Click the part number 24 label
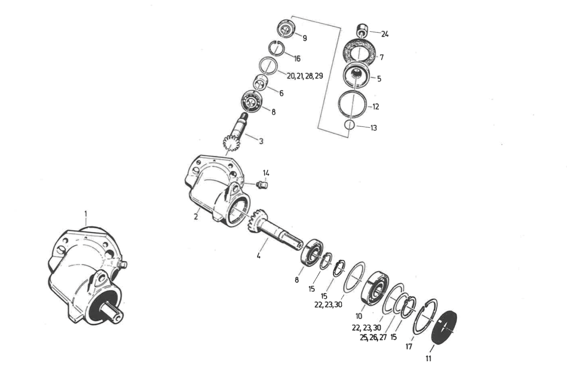[x=385, y=34]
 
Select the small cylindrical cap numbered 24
[x=362, y=30]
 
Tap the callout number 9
[x=305, y=38]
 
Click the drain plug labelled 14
[x=262, y=184]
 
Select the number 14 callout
[x=266, y=173]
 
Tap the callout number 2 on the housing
[x=196, y=216]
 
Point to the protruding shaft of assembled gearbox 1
[x=114, y=316]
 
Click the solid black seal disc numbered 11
[x=444, y=328]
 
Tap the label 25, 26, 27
[x=374, y=337]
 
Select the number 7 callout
[x=382, y=57]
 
